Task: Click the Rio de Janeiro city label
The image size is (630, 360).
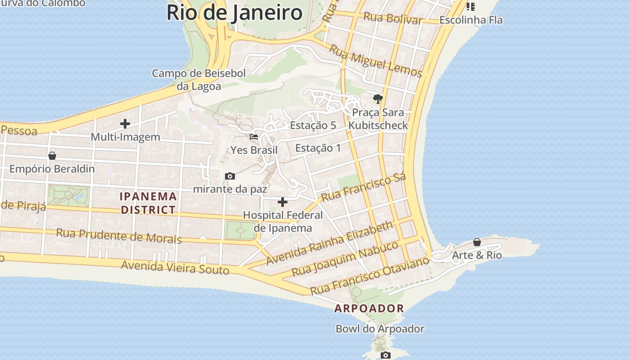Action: tap(234, 13)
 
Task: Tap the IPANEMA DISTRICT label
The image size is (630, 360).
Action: tap(148, 203)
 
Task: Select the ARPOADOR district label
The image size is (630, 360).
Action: tap(369, 309)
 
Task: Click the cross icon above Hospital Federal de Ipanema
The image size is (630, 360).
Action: tap(283, 202)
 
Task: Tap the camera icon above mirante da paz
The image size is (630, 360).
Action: tap(230, 176)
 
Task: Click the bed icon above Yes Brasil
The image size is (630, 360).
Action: tap(254, 137)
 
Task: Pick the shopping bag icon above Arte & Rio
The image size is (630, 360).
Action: tap(477, 243)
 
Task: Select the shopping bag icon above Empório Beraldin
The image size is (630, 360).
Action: tap(52, 156)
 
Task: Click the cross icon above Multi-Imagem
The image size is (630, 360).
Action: tap(125, 124)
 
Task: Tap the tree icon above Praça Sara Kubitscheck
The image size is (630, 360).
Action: tap(378, 99)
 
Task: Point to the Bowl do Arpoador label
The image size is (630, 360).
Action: tap(380, 329)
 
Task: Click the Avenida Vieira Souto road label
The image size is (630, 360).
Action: tap(175, 267)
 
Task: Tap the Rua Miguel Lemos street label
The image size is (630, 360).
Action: tap(375, 61)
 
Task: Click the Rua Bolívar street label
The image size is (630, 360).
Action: tap(393, 18)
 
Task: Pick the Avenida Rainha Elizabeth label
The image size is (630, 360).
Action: tap(329, 243)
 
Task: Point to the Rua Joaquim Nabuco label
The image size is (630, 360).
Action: tap(345, 259)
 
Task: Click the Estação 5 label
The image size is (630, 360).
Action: tap(313, 126)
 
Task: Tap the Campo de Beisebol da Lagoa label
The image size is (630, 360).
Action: tap(198, 80)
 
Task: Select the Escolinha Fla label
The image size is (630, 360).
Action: tap(471, 20)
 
